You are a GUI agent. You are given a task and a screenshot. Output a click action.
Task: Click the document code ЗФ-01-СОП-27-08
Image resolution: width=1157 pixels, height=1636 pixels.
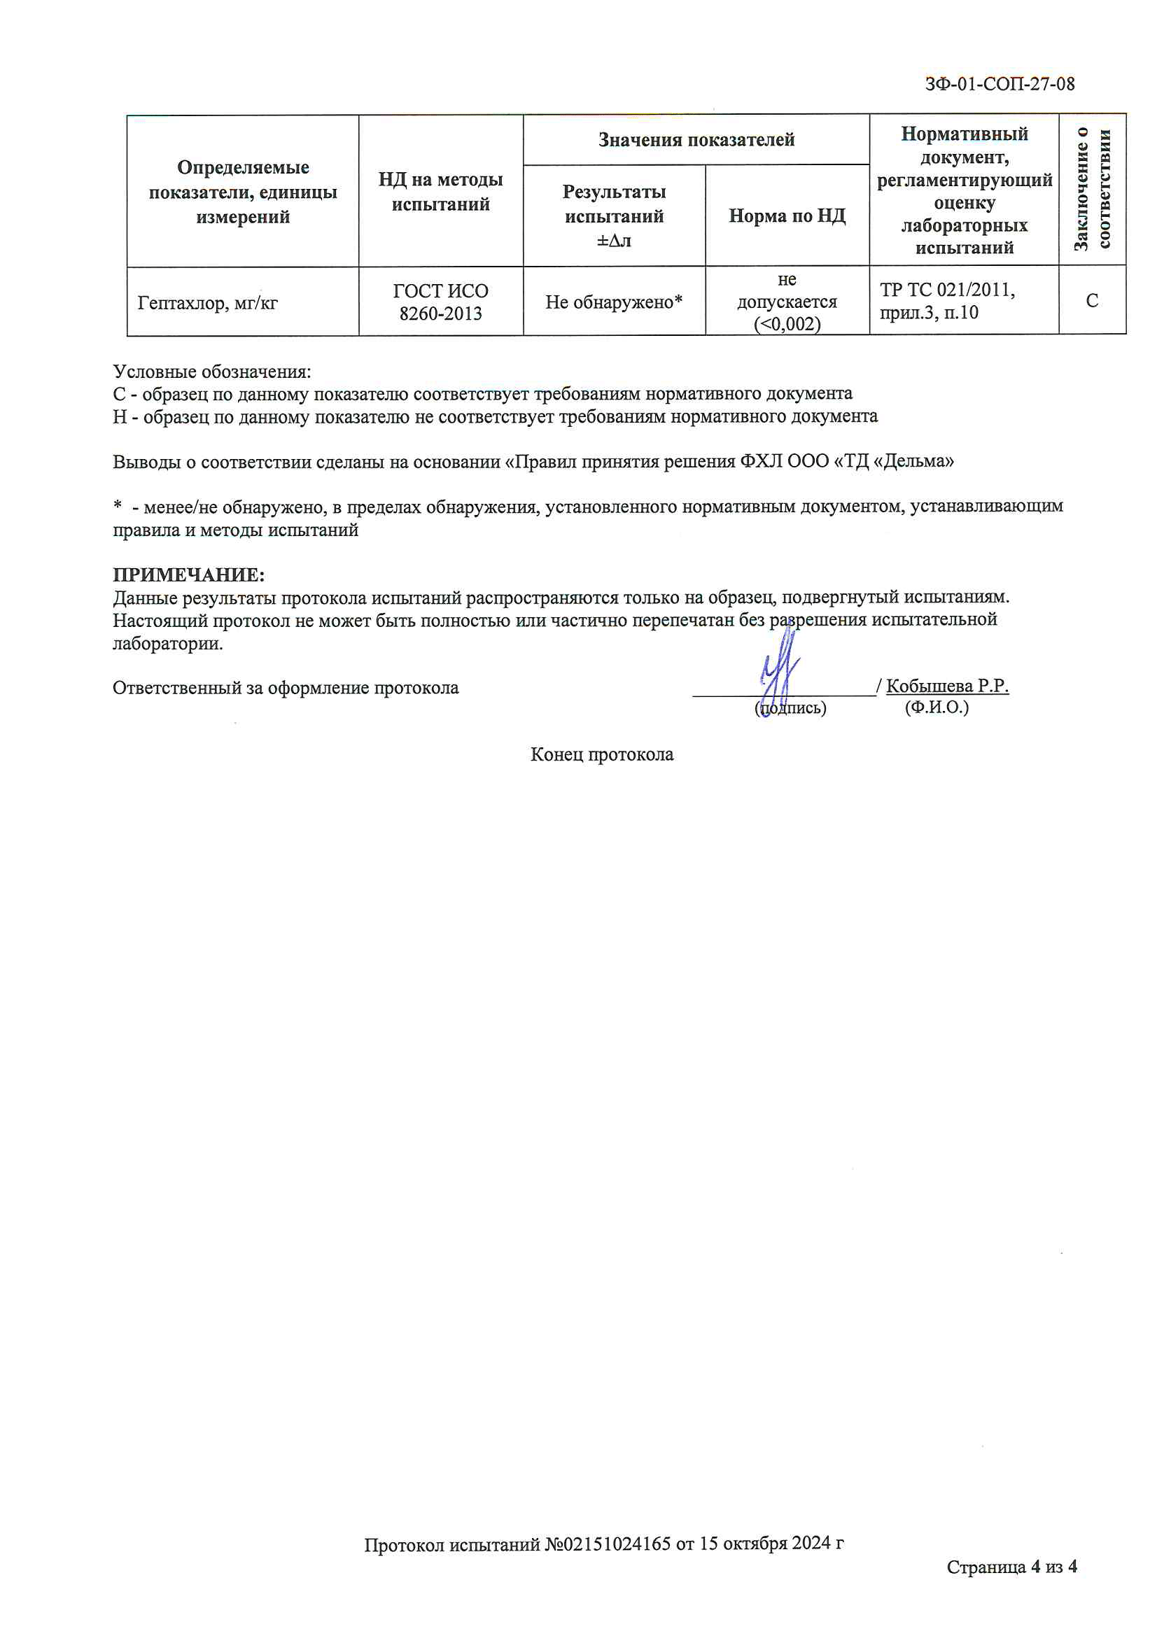pyautogui.click(x=1000, y=84)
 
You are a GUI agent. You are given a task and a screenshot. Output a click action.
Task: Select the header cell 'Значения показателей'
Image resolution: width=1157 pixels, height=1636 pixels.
pyautogui.click(x=696, y=140)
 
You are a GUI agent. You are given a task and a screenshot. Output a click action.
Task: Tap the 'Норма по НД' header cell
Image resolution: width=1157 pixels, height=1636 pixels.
pyautogui.click(x=787, y=216)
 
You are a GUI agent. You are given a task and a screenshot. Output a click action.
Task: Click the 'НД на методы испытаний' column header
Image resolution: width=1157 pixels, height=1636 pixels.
pyautogui.click(x=440, y=192)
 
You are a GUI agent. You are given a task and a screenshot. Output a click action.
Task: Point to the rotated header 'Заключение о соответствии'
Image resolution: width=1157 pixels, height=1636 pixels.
pyautogui.click(x=1092, y=190)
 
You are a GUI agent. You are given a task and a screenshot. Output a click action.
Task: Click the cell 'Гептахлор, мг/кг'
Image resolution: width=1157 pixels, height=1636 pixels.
pyautogui.click(x=207, y=303)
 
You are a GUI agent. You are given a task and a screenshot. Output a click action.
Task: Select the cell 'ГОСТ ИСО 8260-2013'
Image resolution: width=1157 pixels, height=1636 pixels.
pyautogui.click(x=440, y=302)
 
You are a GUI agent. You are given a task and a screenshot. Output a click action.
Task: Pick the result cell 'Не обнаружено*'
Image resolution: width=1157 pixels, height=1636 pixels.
pyautogui.click(x=614, y=302)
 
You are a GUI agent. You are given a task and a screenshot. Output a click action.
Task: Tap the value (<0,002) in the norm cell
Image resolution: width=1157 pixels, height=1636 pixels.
pyautogui.click(x=787, y=324)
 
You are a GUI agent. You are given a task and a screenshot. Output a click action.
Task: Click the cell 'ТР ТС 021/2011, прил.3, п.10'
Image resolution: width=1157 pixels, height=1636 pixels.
pyautogui.click(x=947, y=301)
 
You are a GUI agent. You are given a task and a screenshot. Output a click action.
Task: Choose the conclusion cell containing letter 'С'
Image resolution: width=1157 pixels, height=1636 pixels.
pyautogui.click(x=1091, y=301)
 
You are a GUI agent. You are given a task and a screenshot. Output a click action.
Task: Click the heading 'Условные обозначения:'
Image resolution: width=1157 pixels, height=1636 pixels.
pyautogui.click(x=211, y=372)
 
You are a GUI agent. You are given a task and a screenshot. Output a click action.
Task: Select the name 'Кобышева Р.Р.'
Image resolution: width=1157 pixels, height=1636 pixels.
pyautogui.click(x=947, y=686)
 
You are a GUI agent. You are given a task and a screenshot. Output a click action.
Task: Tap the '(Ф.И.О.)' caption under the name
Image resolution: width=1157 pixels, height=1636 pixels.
pyautogui.click(x=937, y=707)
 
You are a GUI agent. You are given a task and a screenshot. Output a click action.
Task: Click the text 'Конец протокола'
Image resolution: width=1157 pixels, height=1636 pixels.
pyautogui.click(x=602, y=754)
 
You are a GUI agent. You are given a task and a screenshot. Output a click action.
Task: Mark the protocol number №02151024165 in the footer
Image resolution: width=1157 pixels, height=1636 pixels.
pyautogui.click(x=608, y=1544)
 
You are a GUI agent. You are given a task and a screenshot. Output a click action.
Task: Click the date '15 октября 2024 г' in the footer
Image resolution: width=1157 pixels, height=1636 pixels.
pyautogui.click(x=771, y=1544)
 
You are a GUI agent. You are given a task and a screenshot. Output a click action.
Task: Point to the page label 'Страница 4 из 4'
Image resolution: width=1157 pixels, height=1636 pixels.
pyautogui.click(x=1011, y=1566)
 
